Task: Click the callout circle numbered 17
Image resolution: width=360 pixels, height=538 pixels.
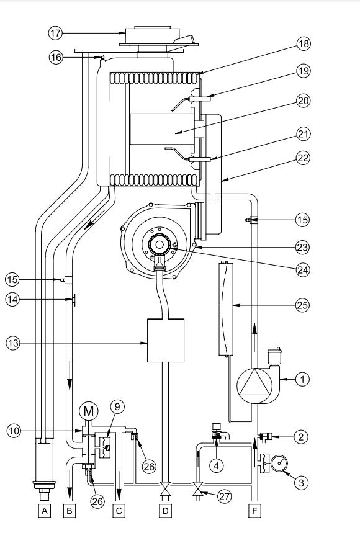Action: (x=55, y=34)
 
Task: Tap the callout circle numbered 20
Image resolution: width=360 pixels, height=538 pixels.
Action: (x=303, y=101)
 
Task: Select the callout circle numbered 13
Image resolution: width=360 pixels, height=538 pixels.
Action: (x=12, y=343)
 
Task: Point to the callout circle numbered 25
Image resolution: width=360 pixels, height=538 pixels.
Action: (x=302, y=305)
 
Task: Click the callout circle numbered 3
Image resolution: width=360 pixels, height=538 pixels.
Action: (x=301, y=483)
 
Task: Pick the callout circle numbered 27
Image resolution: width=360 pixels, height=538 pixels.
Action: (x=225, y=496)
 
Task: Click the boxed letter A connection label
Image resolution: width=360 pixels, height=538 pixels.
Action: (x=44, y=511)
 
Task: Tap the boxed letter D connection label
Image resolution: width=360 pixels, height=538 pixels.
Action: (x=166, y=511)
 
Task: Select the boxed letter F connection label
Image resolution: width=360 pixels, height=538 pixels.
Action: (x=254, y=511)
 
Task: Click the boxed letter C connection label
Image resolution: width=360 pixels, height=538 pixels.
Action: (x=119, y=511)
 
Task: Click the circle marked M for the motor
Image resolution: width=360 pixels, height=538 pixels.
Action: (x=89, y=411)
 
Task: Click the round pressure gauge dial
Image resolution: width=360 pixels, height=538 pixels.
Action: (x=279, y=463)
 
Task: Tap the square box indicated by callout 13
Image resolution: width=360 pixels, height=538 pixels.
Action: (x=166, y=341)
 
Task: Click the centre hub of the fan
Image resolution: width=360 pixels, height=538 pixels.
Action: (x=159, y=244)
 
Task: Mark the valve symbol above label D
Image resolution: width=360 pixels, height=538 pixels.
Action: (x=166, y=488)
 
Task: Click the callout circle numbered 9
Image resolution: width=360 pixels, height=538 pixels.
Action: (x=117, y=407)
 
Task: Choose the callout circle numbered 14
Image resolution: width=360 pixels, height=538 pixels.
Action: (x=12, y=300)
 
